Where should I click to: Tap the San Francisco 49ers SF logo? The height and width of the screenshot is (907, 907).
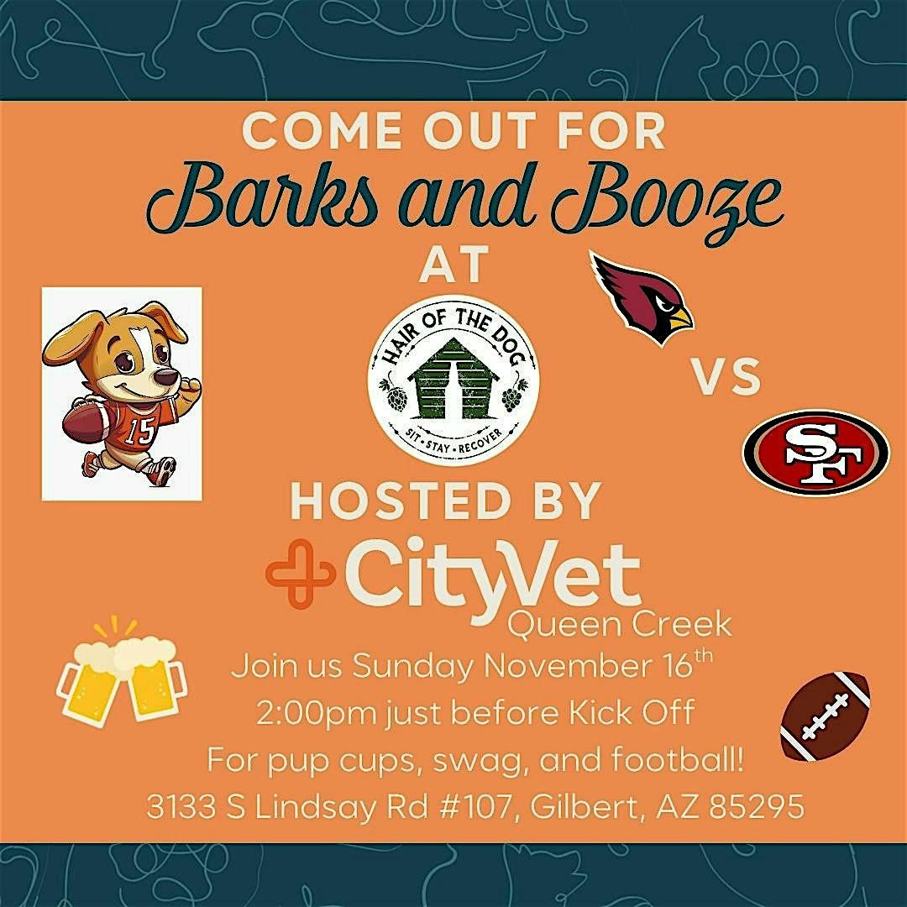815,452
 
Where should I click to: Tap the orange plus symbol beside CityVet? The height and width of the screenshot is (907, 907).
300,574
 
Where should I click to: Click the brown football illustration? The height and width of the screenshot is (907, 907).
824,715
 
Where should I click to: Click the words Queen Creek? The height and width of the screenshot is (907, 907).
621,625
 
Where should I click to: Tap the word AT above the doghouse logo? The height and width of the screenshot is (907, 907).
454,265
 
